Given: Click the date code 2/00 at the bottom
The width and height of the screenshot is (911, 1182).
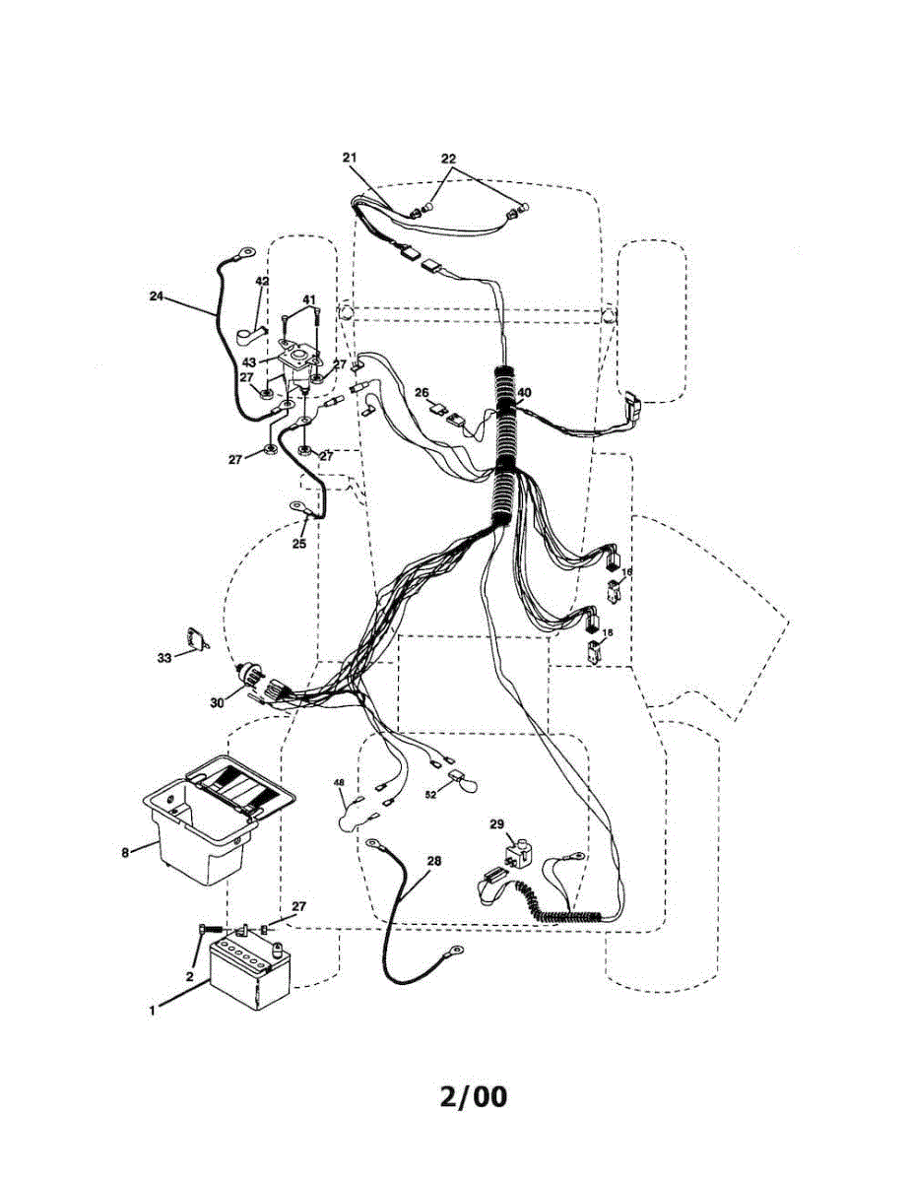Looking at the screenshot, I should [474, 1096].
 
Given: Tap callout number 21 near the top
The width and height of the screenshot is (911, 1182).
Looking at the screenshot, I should [351, 158].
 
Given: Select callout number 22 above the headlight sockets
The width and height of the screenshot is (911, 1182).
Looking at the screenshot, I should [448, 159].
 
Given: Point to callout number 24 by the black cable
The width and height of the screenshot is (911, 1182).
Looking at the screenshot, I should [158, 295].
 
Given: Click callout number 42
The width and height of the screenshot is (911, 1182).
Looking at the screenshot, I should [262, 281].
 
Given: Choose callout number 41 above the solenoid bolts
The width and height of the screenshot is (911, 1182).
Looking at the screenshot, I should [308, 299].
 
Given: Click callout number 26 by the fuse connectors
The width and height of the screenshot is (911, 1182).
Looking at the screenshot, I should [422, 393].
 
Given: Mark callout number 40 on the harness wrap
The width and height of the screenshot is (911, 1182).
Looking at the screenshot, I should [524, 392].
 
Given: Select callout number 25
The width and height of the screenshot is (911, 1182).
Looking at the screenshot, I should [299, 543].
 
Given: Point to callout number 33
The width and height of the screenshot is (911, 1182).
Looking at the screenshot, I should [163, 657].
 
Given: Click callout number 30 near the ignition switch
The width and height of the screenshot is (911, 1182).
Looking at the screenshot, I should [219, 702].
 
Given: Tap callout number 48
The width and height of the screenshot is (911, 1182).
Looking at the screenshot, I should [339, 783].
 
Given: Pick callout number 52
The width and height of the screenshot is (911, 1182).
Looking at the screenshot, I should [430, 794].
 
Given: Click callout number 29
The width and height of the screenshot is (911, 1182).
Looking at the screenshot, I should [496, 823].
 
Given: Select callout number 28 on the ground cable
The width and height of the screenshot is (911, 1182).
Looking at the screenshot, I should [434, 861].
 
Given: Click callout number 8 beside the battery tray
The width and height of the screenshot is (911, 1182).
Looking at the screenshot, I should [125, 852].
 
